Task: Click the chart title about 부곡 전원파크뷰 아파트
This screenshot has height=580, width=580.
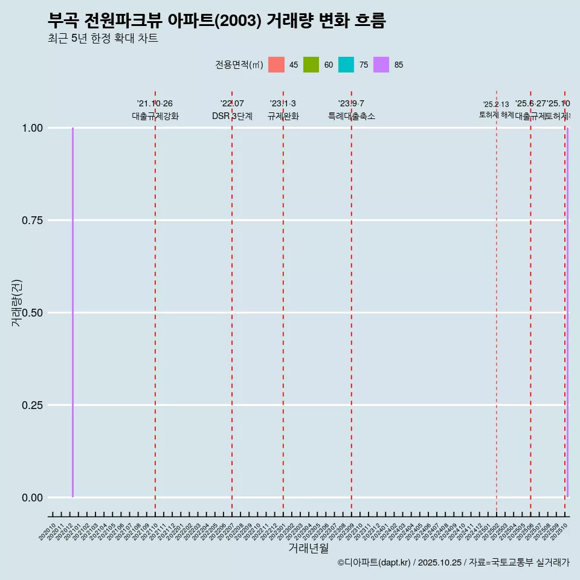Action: click(216, 21)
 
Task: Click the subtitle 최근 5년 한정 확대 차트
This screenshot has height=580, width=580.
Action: click(103, 39)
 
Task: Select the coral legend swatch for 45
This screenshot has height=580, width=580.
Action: click(276, 65)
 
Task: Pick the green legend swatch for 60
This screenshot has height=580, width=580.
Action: click(311, 65)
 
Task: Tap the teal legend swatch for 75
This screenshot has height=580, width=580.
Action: click(346, 65)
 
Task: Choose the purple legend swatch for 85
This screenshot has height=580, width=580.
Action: click(381, 65)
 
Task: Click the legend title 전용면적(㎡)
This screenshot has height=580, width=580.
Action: click(239, 65)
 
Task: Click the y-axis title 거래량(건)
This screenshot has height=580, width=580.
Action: click(16, 303)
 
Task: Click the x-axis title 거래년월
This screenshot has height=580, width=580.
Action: click(308, 549)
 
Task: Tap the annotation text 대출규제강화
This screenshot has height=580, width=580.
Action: click(155, 116)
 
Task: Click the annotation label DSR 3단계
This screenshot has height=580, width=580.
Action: click(232, 116)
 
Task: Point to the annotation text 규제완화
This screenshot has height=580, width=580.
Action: click(283, 116)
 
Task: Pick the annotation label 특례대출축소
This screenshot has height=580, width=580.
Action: click(352, 116)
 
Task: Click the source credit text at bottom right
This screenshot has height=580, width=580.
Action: click(453, 563)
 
